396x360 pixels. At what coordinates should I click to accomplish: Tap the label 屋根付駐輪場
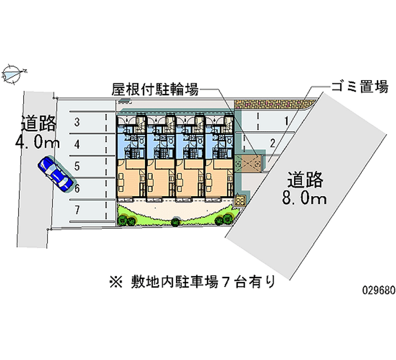click(x=155, y=90)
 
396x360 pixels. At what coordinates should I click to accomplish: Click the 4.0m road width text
click(x=38, y=144)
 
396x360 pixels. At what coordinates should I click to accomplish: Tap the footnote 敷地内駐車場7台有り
click(x=202, y=283)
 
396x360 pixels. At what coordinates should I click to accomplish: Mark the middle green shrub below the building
click(x=176, y=221)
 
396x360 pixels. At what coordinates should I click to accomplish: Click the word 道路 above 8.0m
click(x=304, y=179)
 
